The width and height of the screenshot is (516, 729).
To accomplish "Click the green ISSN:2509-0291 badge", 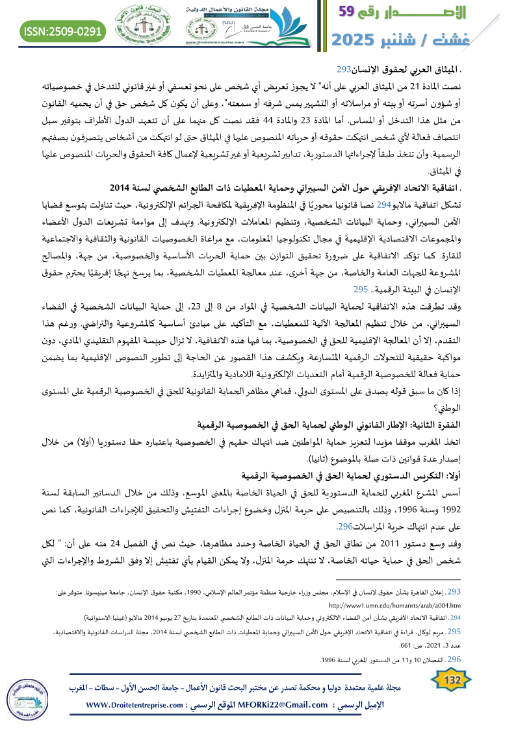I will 63,31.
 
